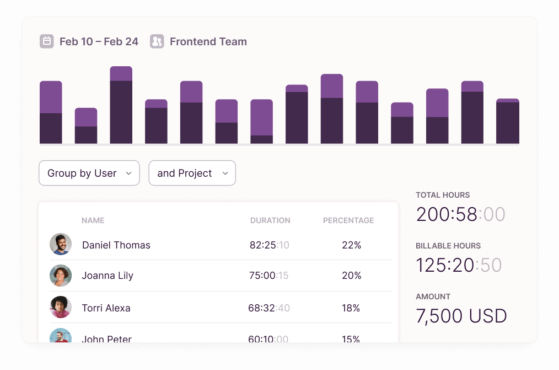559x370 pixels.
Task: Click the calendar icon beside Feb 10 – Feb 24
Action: pos(47,41)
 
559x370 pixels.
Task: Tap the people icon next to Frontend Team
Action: pos(157,41)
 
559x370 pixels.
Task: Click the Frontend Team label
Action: pos(208,42)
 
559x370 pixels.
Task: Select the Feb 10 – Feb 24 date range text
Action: pos(99,42)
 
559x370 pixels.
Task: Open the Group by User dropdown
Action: pos(89,173)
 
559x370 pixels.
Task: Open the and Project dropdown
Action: pos(192,173)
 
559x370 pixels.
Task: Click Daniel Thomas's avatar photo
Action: pos(61,244)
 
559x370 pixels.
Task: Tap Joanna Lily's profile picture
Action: pos(61,276)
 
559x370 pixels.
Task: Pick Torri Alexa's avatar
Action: pos(61,307)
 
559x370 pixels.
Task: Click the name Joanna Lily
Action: pos(108,276)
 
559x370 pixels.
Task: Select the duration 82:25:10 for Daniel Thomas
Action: pos(270,245)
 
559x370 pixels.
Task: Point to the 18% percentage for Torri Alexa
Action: pos(351,308)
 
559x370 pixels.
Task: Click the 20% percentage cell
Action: pos(352,276)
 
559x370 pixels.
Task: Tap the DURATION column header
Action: pos(270,220)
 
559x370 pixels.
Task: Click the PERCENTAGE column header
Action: pos(348,220)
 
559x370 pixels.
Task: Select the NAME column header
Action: pos(93,220)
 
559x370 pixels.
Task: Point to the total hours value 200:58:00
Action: pos(461,214)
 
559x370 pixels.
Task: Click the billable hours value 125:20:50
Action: pos(459,265)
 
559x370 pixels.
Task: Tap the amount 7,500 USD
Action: pos(461,316)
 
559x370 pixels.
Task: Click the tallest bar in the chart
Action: pos(121,105)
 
